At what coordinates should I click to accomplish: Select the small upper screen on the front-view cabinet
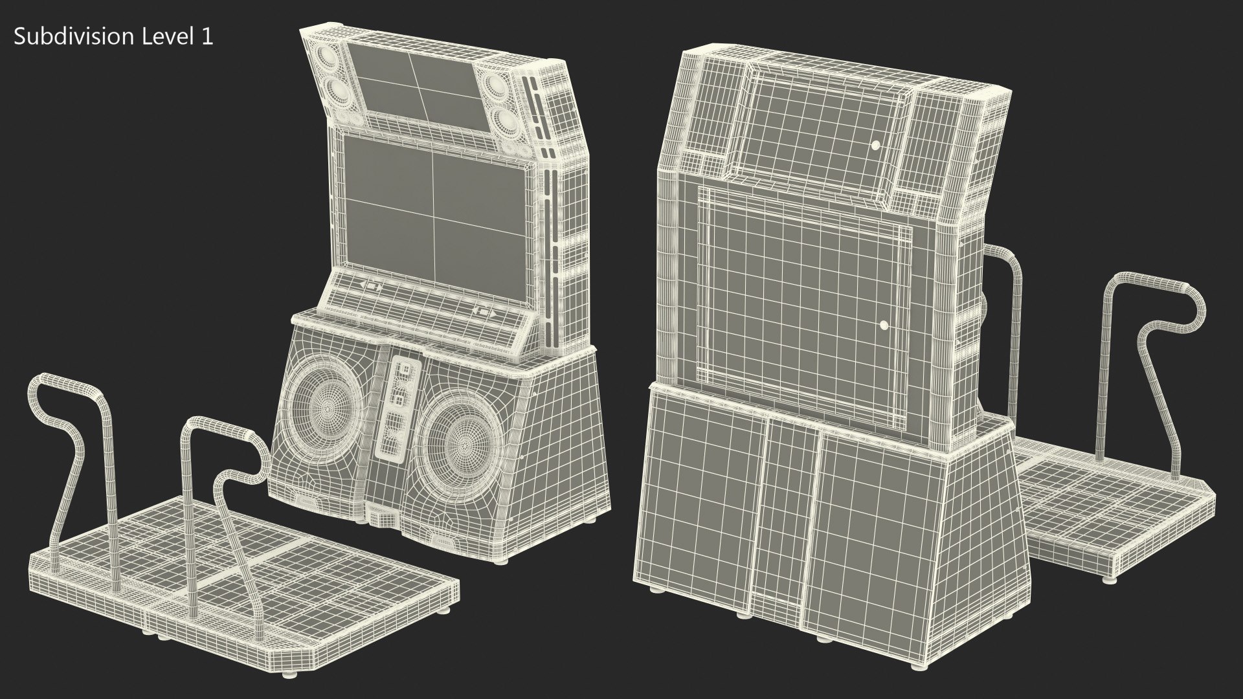[417, 85]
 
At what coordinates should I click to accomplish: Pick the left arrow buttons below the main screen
[370, 285]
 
